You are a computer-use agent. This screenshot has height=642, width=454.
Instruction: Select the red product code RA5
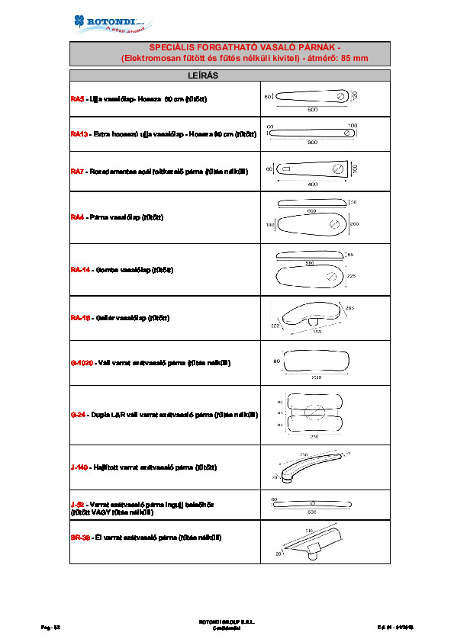click(76, 99)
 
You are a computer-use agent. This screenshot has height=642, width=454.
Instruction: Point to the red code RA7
click(76, 172)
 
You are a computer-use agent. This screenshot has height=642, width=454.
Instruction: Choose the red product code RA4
click(76, 217)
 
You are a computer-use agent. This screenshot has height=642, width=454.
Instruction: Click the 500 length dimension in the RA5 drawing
click(312, 110)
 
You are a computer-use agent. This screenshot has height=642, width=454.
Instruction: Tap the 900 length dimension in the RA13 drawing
click(312, 143)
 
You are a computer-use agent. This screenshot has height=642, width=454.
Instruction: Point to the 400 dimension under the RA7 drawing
click(312, 185)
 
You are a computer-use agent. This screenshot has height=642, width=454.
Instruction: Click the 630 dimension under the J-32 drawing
click(312, 512)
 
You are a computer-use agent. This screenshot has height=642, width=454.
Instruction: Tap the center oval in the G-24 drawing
click(311, 412)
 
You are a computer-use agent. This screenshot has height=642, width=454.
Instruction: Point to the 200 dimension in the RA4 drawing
click(353, 224)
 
